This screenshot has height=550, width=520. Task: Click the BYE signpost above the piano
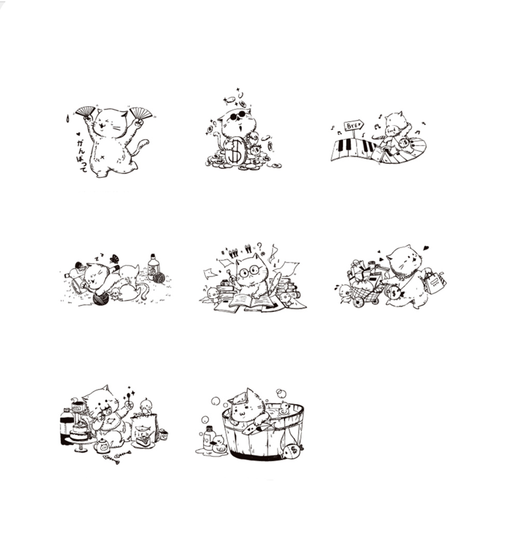coord(353,126)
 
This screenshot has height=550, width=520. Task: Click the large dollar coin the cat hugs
coord(235,151)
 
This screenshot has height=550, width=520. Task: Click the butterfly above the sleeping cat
coord(114,259)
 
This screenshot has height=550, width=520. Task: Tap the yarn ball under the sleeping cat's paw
coord(100,298)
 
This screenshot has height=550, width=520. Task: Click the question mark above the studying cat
coord(259,246)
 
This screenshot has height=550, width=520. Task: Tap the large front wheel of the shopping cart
coord(358,302)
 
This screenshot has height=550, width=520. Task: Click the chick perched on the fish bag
coord(146,406)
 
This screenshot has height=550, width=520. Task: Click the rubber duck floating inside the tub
coord(284,409)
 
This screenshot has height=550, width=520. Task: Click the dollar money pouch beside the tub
coord(292,451)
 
